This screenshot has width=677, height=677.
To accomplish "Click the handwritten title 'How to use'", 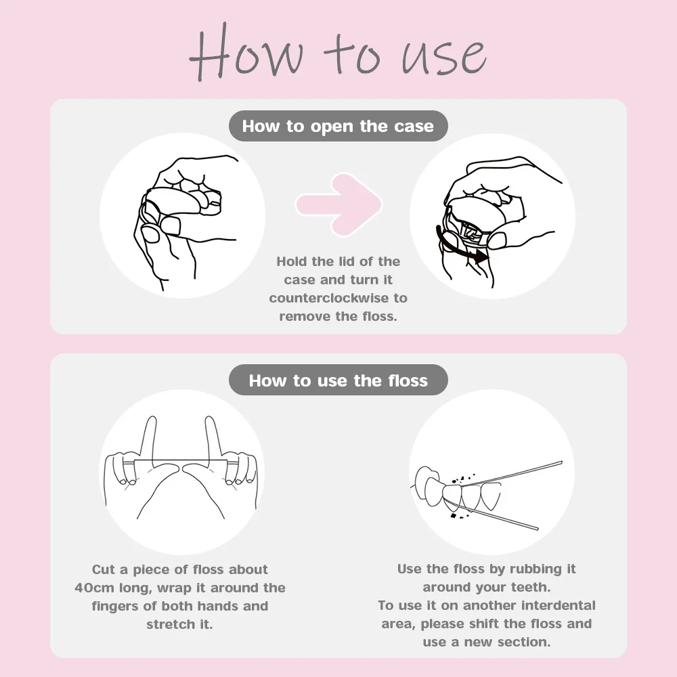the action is (x=338, y=53).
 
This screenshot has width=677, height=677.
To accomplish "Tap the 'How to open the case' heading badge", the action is (x=338, y=126).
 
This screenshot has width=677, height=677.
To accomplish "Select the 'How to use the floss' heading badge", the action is (x=338, y=380).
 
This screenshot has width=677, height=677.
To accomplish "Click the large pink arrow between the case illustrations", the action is (x=338, y=204).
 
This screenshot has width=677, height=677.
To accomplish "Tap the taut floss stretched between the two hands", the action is (x=181, y=461).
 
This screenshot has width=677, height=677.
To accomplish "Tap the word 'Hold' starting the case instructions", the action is (x=292, y=261).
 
